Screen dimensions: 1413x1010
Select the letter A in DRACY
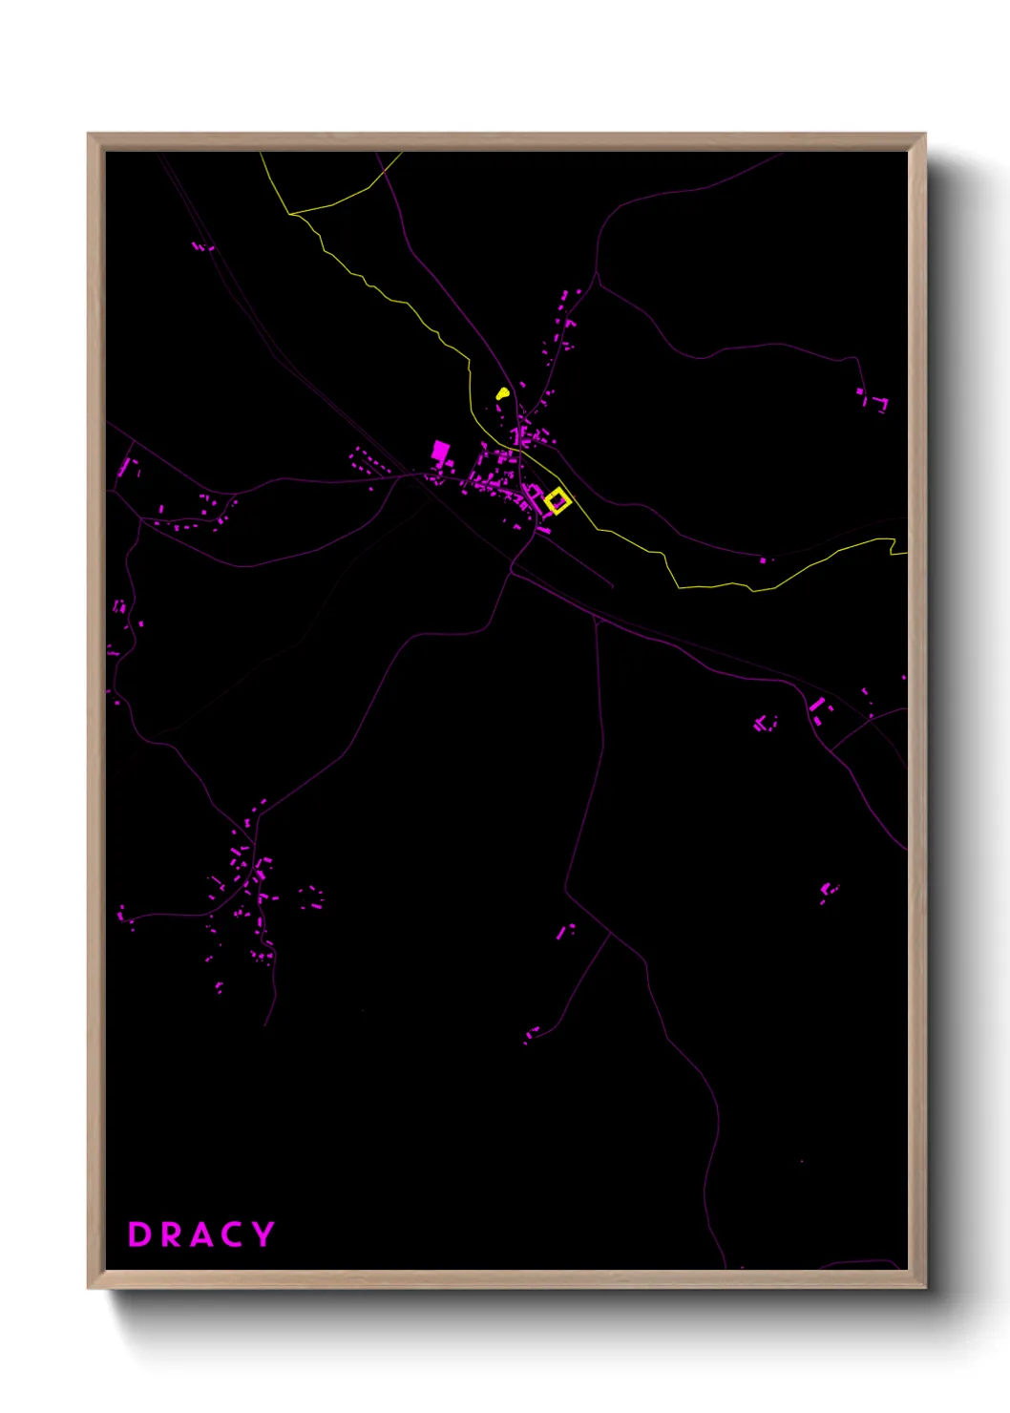point(202,1234)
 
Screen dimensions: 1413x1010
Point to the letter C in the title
point(233,1234)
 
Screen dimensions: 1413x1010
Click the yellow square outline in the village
point(558,501)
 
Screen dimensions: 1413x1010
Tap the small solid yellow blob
point(502,392)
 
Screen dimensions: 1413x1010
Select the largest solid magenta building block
point(440,451)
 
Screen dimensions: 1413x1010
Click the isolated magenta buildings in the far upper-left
point(201,247)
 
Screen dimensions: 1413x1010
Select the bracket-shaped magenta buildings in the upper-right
point(873,399)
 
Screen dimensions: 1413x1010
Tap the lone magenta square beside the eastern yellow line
point(762,560)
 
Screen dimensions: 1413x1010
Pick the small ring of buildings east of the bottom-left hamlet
point(311,897)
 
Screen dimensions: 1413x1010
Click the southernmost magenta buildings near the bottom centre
point(531,1034)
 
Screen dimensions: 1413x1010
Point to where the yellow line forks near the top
point(290,213)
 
